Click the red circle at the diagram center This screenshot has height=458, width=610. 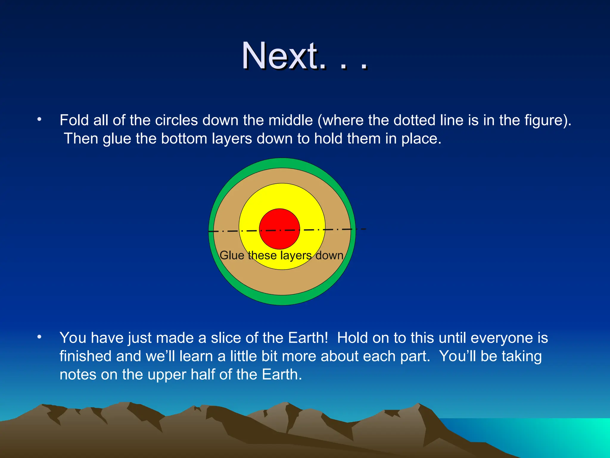click(279, 229)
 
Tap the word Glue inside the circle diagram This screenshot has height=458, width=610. click(232, 256)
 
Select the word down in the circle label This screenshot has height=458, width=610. click(329, 256)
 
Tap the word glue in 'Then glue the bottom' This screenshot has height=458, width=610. click(117, 139)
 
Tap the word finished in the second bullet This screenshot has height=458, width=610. click(85, 356)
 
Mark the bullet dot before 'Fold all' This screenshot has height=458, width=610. click(39, 120)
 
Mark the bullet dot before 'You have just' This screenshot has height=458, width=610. click(39, 337)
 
